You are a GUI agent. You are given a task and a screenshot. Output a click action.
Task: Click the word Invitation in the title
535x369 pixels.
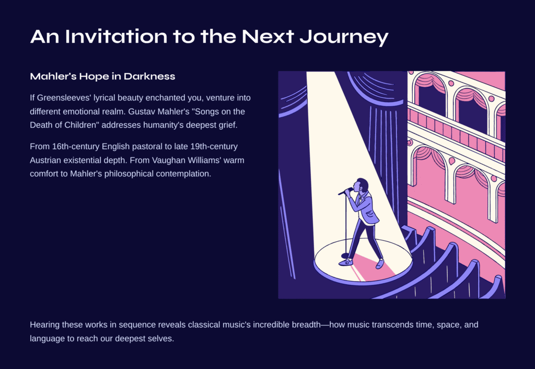(x=117, y=36)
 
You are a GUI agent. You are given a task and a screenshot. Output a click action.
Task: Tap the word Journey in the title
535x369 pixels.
(x=344, y=37)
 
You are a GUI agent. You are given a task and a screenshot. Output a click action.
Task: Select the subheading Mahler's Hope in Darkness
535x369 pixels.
(x=102, y=76)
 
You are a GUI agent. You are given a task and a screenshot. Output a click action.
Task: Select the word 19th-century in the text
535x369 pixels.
(x=214, y=147)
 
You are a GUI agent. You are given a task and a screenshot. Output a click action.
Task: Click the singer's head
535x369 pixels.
(x=362, y=185)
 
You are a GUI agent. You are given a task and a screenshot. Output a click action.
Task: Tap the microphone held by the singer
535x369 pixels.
(x=345, y=191)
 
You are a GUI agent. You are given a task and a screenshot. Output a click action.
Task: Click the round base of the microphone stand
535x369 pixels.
(x=346, y=255)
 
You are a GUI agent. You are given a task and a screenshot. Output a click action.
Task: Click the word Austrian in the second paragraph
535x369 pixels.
(x=45, y=161)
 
